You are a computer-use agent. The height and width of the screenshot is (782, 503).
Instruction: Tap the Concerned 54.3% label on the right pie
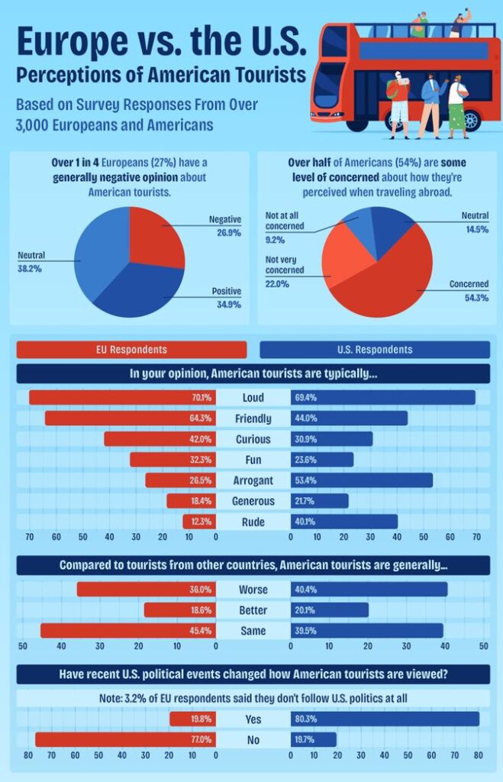click(469, 290)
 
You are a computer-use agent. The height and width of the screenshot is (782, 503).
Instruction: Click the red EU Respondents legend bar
click(131, 350)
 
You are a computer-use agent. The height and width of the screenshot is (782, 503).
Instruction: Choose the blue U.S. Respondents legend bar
click(375, 350)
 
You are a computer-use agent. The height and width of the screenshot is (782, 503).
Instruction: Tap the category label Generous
click(253, 501)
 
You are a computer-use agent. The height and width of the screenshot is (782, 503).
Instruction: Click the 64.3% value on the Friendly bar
click(202, 418)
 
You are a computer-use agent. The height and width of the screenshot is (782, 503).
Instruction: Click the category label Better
click(253, 611)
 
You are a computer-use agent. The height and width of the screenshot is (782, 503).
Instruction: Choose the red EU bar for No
click(114, 740)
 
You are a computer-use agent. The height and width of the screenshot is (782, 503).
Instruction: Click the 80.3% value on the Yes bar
click(305, 719)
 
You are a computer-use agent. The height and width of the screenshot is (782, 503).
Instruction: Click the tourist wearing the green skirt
click(456, 107)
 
